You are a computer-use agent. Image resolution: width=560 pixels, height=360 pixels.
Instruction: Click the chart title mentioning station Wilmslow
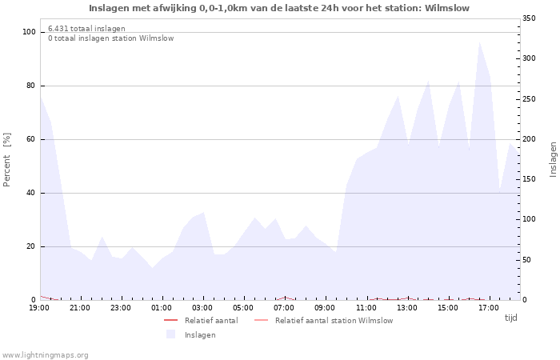pyautogui.click(x=279, y=8)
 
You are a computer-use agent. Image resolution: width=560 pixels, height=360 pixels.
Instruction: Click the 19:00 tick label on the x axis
pyautogui.click(x=40, y=308)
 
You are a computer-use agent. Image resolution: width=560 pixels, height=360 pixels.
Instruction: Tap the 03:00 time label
pyautogui.click(x=203, y=308)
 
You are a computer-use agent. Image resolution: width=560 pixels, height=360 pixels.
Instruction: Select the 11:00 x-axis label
pyautogui.click(x=366, y=308)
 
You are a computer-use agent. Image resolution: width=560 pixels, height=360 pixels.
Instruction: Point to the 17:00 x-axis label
pyautogui.click(x=489, y=308)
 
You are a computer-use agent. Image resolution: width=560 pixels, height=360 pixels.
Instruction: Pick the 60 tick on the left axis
pyautogui.click(x=31, y=139)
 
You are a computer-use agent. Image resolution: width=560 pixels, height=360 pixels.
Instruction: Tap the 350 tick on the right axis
pyautogui.click(x=530, y=18)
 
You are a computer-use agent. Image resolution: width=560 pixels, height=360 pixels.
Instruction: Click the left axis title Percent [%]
pyautogui.click(x=8, y=160)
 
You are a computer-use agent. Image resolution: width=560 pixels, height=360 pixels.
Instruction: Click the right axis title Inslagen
pyautogui.click(x=553, y=159)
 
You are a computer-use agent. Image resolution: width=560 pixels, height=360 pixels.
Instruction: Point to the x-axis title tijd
pyautogui.click(x=511, y=318)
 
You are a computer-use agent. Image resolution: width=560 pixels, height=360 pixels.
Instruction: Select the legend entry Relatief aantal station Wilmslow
pyautogui.click(x=334, y=321)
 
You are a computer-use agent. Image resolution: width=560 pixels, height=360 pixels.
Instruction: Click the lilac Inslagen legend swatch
pyautogui.click(x=170, y=334)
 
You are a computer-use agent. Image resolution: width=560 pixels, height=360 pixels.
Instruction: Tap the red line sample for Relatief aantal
pyautogui.click(x=170, y=321)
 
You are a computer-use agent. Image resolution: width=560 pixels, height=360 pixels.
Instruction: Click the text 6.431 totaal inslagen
pyautogui.click(x=86, y=29)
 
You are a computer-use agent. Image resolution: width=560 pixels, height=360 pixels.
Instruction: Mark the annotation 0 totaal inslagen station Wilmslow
pyautogui.click(x=110, y=38)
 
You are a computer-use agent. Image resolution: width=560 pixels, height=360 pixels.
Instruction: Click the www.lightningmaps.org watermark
pyautogui.click(x=45, y=354)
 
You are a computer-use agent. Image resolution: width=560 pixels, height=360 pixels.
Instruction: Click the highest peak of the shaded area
pyautogui.click(x=479, y=42)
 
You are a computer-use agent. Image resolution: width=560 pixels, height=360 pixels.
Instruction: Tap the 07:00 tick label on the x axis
pyautogui.click(x=285, y=308)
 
